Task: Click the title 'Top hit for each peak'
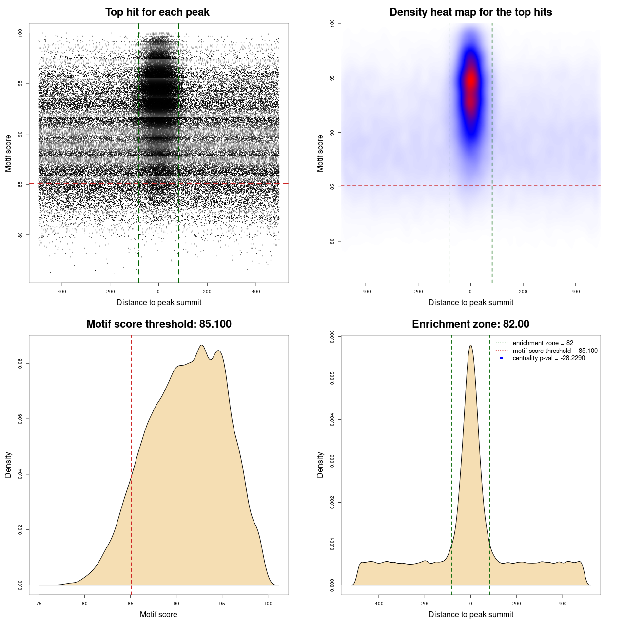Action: coord(157,12)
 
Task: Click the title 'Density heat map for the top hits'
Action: coord(470,12)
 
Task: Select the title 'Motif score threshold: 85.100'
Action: coord(158,324)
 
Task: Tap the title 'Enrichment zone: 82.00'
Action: coord(470,324)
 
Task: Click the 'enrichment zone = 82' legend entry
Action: coord(543,343)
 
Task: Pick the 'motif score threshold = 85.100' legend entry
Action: coord(555,351)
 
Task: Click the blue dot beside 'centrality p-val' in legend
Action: coord(502,358)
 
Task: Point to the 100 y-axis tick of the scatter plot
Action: coord(20,33)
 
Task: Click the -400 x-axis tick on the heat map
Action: coord(366,292)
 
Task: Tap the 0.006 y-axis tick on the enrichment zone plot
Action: coord(332,336)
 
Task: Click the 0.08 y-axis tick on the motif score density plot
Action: coord(20,364)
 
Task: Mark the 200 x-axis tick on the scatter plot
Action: coord(207,292)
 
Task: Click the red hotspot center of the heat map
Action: coord(471,80)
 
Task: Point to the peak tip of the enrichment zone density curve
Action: coord(470,345)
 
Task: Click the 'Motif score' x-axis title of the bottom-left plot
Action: coord(158,614)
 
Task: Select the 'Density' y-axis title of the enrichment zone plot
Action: coord(320,465)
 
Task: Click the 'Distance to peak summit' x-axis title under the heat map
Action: coord(470,302)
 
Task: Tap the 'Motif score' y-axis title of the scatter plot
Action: coord(8,153)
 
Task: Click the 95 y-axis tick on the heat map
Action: coord(332,78)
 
